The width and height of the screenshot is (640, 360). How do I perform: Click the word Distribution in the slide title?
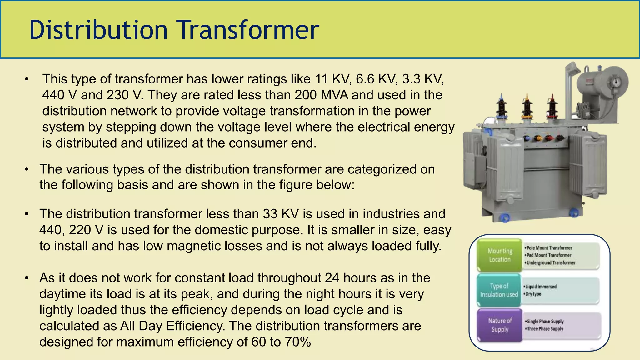98,30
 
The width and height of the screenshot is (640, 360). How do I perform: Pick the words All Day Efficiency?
172,326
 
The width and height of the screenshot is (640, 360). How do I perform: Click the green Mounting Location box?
500,255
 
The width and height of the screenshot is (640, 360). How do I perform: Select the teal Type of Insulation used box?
499,290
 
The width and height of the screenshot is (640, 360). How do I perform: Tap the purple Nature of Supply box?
500,325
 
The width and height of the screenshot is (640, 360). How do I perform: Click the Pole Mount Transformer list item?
549,248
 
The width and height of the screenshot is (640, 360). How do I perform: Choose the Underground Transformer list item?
551,263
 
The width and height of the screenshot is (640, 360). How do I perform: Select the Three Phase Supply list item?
545,329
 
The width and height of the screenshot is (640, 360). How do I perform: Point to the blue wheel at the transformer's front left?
505,217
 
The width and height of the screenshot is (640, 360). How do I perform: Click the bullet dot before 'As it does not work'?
27,278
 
